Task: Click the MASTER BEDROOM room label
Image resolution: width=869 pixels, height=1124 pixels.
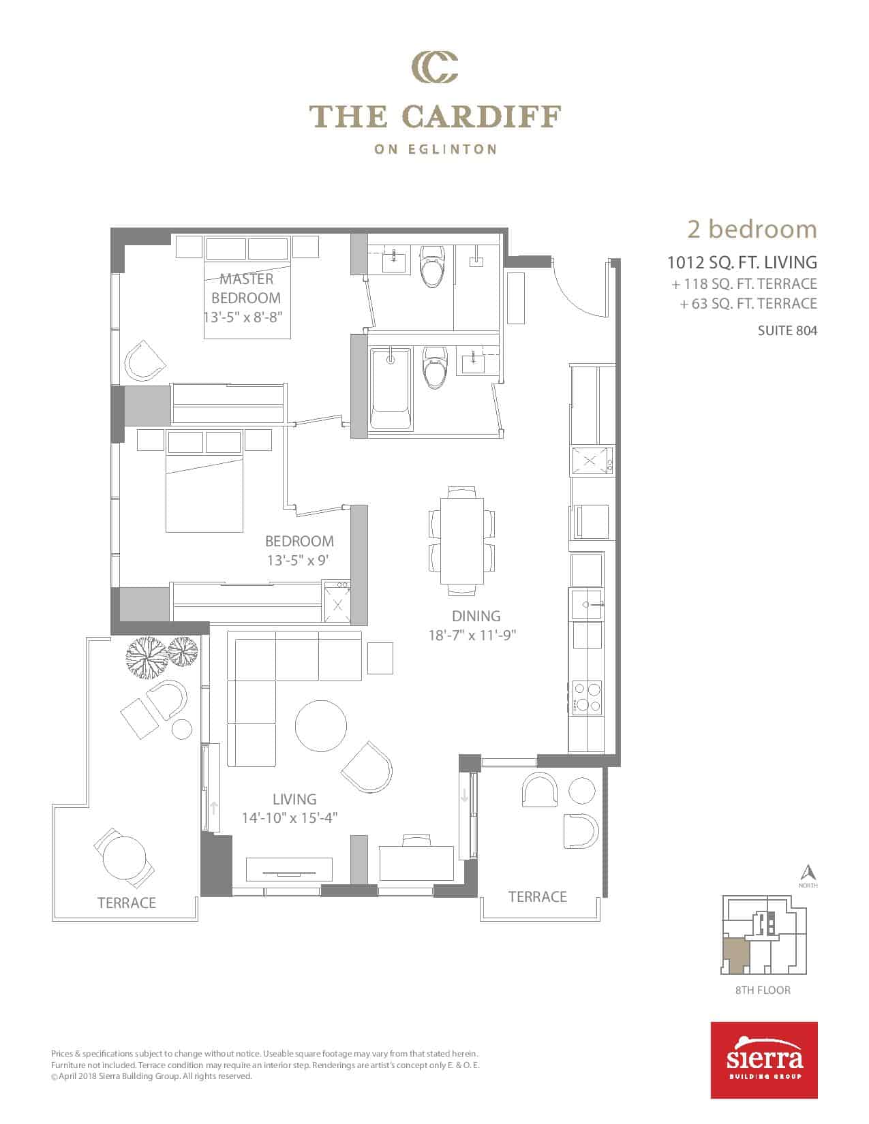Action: point(246,289)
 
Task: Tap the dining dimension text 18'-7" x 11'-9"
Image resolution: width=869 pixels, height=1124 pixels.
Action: point(472,635)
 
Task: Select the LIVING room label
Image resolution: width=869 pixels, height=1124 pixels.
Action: point(294,799)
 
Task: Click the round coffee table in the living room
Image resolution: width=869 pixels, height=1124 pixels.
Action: point(321,725)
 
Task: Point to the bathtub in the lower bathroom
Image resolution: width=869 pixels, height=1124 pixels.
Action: point(391,388)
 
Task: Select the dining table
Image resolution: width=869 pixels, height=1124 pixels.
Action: point(461,540)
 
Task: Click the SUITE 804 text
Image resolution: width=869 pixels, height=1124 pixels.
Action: point(787,330)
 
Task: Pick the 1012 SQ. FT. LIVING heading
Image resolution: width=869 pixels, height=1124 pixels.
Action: point(742,262)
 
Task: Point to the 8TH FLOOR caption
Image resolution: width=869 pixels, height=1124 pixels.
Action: point(763,990)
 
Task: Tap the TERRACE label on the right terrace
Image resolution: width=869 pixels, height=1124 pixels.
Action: point(537,896)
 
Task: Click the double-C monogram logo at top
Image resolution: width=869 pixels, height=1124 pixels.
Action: point(435,67)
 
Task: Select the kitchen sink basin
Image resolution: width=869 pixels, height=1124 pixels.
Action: point(586,604)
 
